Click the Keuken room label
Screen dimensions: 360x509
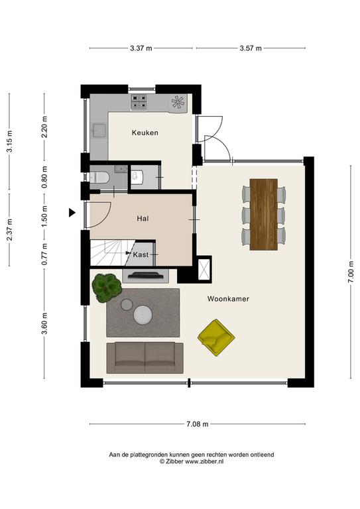[145, 133]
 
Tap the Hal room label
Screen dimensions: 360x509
[143, 219]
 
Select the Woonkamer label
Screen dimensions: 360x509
[228, 299]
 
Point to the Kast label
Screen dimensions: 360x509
[141, 254]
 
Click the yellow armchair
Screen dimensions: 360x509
[216, 337]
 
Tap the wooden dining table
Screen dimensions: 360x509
[264, 214]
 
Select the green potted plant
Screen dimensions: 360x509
[107, 288]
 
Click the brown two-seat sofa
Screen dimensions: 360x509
[145, 358]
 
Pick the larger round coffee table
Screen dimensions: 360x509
[143, 315]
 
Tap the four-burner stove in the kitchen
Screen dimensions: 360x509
[139, 101]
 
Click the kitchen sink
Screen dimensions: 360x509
[99, 130]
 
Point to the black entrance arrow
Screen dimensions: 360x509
[72, 213]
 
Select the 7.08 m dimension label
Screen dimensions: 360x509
[198, 424]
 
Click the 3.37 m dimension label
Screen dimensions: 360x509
[141, 48]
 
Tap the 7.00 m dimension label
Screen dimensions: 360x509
[351, 272]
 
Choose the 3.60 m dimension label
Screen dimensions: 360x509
[44, 323]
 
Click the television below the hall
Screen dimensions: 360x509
[145, 276]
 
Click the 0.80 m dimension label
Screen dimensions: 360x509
[44, 177]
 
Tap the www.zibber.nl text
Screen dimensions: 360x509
[204, 461]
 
